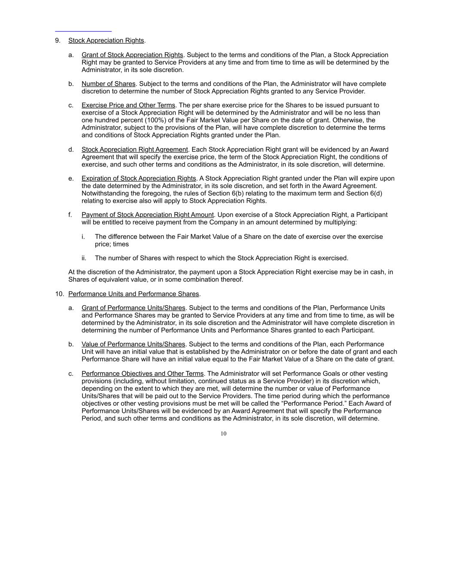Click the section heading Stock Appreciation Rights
click(106, 40)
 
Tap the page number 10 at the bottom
click(223, 434)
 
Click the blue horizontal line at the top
click(83, 31)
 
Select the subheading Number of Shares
click(108, 84)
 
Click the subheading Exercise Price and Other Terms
click(128, 105)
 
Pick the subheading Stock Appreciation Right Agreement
click(134, 149)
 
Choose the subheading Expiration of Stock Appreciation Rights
click(138, 178)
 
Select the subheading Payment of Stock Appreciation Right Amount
click(147, 215)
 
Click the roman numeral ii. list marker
click(84, 258)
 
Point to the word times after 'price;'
click(121, 244)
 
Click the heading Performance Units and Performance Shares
click(133, 294)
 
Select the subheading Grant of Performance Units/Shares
click(133, 308)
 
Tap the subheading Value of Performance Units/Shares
click(133, 344)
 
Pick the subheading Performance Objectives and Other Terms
click(143, 373)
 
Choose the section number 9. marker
click(58, 40)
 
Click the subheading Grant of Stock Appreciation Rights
click(132, 55)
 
